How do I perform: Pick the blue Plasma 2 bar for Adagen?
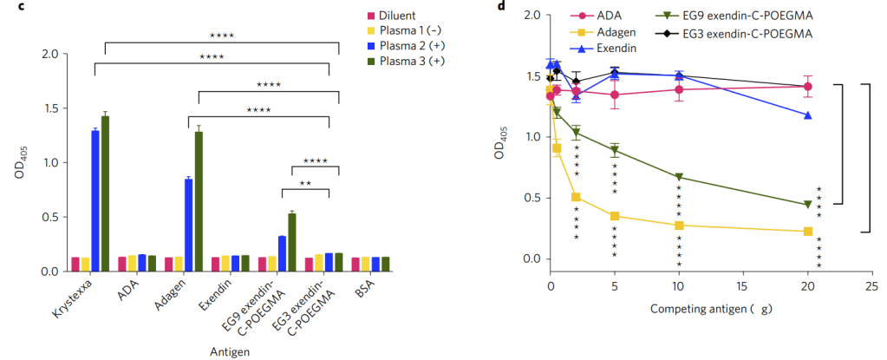coord(188,225)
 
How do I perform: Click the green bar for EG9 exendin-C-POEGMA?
coord(291,242)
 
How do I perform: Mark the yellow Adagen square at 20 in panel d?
coord(808,232)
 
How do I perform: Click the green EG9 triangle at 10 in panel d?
coord(679,177)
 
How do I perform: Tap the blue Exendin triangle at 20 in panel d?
coord(808,115)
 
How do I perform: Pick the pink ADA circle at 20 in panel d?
coord(808,86)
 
